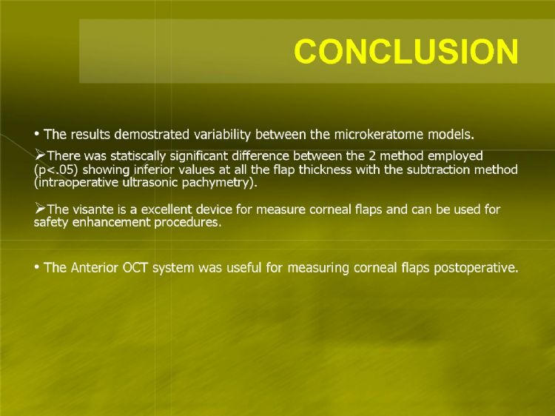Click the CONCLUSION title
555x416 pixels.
pyautogui.click(x=406, y=51)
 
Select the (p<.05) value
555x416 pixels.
pyautogui.click(x=56, y=170)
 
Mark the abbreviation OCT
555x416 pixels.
pyautogui.click(x=135, y=268)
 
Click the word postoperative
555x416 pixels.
pyautogui.click(x=476, y=268)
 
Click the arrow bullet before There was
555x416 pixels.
pyautogui.click(x=40, y=155)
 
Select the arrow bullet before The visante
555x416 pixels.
pyautogui.click(x=40, y=209)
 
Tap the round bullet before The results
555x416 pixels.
pyautogui.click(x=36, y=134)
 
